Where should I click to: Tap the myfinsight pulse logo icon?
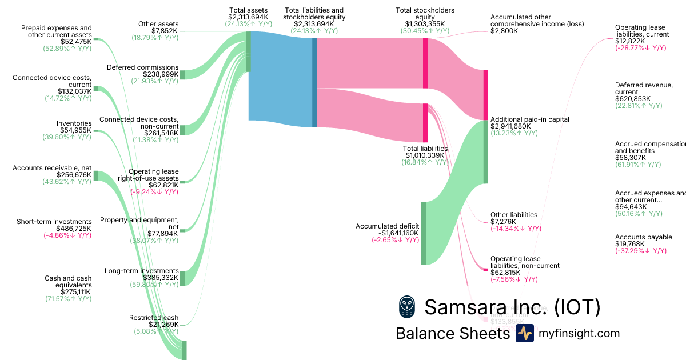point(524,333)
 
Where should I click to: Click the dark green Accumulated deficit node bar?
point(424,233)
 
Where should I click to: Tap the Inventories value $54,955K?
point(75,130)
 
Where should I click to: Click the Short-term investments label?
point(54,222)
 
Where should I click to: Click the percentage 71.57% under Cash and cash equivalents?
point(68,299)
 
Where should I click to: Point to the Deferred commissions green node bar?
point(182,75)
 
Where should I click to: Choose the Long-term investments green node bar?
point(182,278)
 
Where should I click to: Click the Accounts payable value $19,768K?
point(629,244)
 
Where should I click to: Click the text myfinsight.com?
point(579,333)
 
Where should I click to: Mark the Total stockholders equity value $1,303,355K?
point(425,24)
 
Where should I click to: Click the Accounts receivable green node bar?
point(95,175)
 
